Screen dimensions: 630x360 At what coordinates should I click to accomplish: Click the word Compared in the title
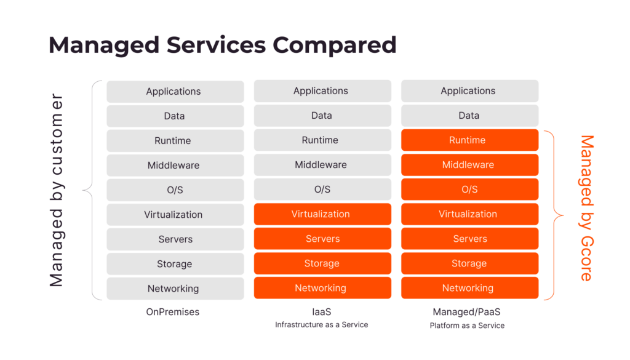tap(334, 45)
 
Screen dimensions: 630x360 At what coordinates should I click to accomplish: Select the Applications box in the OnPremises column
tap(175, 92)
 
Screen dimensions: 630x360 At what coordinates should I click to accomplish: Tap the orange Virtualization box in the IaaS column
tap(322, 214)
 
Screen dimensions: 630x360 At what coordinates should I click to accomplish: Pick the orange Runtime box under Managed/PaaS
tap(469, 140)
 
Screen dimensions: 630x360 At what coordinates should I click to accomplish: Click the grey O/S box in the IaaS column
tap(322, 190)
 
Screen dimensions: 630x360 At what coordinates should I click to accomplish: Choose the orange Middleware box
tap(469, 165)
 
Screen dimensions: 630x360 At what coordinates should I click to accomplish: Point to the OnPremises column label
tap(173, 312)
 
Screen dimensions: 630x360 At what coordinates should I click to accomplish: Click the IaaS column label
tap(321, 312)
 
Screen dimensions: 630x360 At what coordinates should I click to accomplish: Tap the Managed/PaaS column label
tap(466, 312)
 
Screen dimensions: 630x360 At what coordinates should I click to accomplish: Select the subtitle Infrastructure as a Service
tap(321, 325)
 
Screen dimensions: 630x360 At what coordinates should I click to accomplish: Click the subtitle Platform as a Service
tap(467, 326)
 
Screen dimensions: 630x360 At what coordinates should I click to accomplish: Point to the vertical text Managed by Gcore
tap(586, 208)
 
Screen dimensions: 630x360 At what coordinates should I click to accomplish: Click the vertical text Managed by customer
tap(57, 190)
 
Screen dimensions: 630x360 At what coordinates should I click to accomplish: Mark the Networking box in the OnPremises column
tap(175, 289)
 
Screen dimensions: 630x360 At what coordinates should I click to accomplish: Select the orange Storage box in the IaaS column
tap(322, 263)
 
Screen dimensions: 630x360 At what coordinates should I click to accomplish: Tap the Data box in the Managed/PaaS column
tap(469, 116)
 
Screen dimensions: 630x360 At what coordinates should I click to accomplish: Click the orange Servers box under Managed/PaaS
tap(469, 239)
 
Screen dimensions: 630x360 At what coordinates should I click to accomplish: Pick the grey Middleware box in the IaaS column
tap(322, 165)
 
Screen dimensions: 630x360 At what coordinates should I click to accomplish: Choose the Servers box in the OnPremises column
tap(175, 239)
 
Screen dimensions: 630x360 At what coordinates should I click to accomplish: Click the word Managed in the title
tap(104, 46)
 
